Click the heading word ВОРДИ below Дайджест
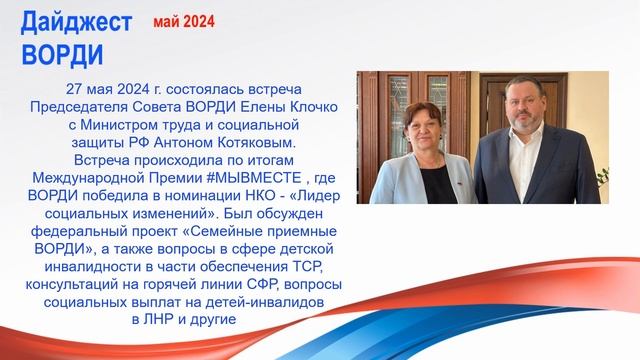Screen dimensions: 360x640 pos(61,51)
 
